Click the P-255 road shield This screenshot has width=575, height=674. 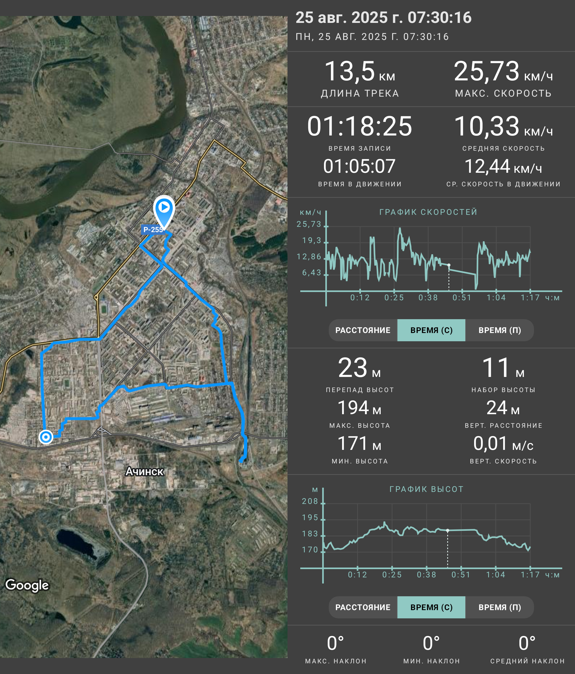click(x=153, y=229)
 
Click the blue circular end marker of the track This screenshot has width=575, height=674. click(x=46, y=437)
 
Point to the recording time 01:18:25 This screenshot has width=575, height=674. click(x=360, y=126)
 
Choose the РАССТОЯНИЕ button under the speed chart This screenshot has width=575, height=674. click(x=363, y=330)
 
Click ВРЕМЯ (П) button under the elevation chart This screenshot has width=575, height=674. click(x=500, y=607)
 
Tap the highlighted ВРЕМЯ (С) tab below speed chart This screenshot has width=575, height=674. click(x=431, y=330)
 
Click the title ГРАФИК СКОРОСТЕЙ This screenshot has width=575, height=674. click(x=428, y=212)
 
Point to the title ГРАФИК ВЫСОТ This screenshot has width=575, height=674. click(x=426, y=489)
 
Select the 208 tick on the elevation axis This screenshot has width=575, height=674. click(x=310, y=501)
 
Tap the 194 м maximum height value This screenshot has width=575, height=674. click(x=359, y=408)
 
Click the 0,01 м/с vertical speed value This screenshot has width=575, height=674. click(x=503, y=443)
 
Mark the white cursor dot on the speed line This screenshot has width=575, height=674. click(x=449, y=265)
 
